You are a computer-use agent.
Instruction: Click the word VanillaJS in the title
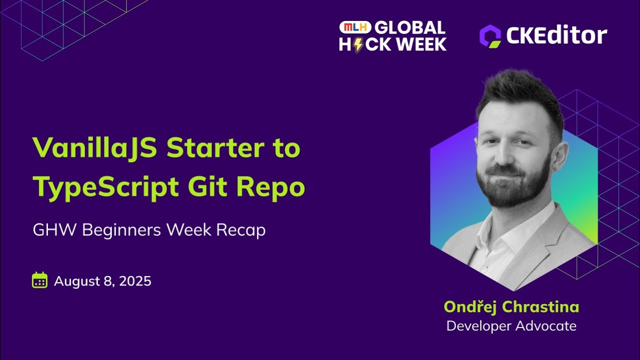pos(95,148)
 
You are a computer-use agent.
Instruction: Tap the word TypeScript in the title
pos(106,187)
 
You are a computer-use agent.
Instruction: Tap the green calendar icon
pos(39,280)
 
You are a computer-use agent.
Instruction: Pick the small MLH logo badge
pos(355,27)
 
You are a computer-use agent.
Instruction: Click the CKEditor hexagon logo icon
pos(490,36)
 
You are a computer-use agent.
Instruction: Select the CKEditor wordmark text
pos(556,35)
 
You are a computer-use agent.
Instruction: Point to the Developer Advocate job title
pos(511,326)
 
